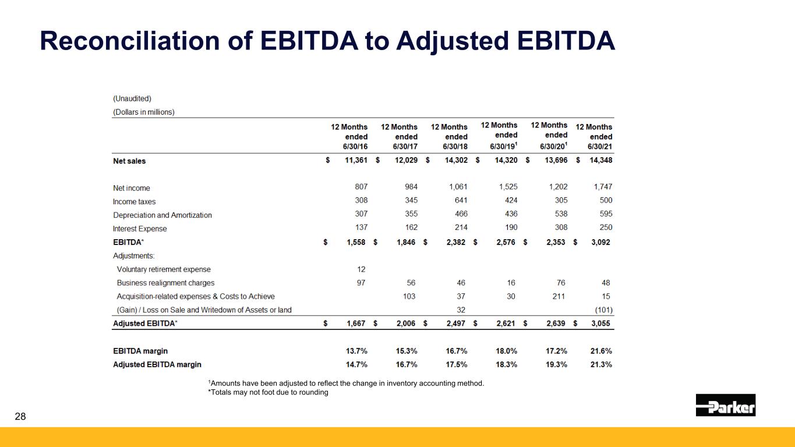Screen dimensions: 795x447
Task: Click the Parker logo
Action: point(726,405)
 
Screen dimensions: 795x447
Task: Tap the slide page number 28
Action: point(20,417)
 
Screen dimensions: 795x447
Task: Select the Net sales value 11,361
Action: point(356,161)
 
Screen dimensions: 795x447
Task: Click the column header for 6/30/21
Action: point(593,137)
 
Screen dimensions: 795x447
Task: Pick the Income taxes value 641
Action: point(461,200)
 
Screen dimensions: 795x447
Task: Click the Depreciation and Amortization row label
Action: point(162,215)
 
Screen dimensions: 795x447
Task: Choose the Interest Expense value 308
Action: point(561,227)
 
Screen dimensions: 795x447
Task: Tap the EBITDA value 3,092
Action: point(600,242)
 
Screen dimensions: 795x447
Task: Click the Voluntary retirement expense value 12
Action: point(361,269)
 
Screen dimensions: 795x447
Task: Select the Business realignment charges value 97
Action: point(361,283)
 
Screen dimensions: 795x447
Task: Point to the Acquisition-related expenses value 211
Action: point(559,296)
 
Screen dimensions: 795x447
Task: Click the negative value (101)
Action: point(603,310)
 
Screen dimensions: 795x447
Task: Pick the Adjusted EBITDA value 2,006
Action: point(406,323)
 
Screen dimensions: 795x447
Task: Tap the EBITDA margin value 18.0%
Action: point(506,351)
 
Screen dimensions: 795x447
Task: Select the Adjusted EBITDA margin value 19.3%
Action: point(556,364)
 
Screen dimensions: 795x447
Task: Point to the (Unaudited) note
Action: point(132,98)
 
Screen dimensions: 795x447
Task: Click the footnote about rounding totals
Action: point(268,392)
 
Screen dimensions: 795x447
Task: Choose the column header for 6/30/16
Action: point(349,137)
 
